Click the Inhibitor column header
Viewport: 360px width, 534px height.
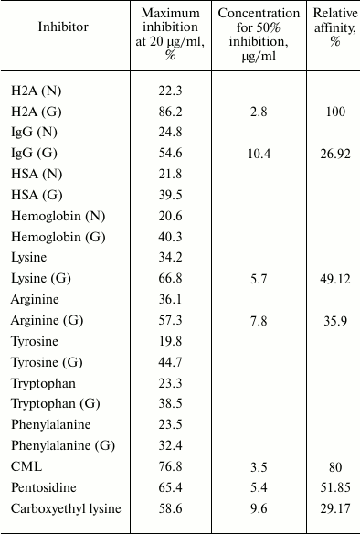(x=63, y=27)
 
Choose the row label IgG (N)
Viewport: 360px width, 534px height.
(x=36, y=132)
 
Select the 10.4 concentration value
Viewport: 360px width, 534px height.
(x=259, y=153)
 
